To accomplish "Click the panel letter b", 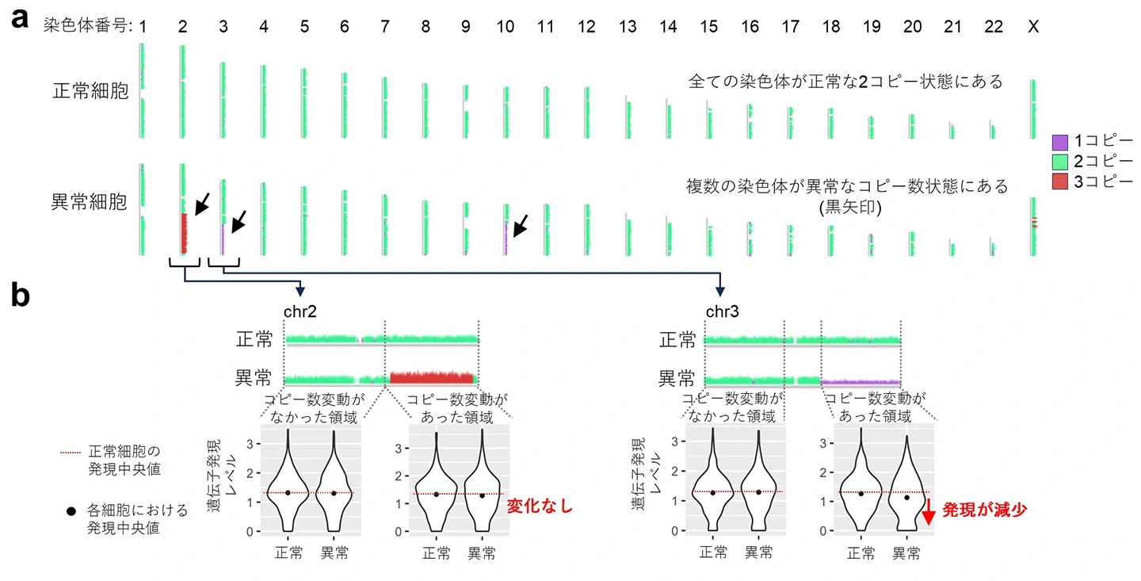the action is click(21, 295).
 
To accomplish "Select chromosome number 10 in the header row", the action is click(506, 26).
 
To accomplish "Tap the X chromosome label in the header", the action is click(1033, 26).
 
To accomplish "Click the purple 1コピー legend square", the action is click(1060, 142).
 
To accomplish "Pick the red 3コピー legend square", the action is click(1060, 182).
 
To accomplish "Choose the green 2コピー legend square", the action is click(1060, 162).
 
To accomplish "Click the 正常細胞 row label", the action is click(90, 91).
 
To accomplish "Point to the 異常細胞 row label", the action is click(89, 202).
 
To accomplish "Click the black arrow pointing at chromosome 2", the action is click(202, 204).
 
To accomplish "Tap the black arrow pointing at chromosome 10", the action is click(520, 226).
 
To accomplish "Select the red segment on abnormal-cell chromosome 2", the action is click(184, 233).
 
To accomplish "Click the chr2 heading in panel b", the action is click(300, 312).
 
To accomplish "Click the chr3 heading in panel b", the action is click(723, 312).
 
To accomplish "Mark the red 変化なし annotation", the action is click(540, 506).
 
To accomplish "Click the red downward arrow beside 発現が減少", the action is click(929, 512).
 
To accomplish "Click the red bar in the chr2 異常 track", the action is click(432, 377).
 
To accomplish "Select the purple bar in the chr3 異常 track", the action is click(861, 382).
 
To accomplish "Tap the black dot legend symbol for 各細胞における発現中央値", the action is click(71, 511).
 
